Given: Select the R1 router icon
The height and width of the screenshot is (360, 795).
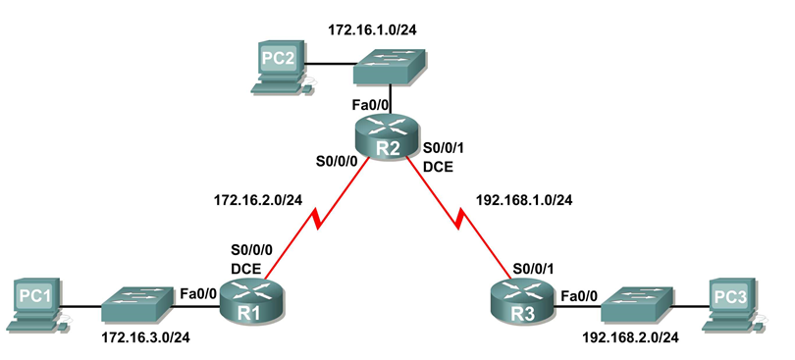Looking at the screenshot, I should (x=249, y=298).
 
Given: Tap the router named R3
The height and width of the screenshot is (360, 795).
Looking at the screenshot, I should (x=519, y=298).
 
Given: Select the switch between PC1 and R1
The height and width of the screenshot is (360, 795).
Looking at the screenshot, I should (x=137, y=304).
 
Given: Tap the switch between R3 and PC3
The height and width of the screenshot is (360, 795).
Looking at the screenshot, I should (x=636, y=304).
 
